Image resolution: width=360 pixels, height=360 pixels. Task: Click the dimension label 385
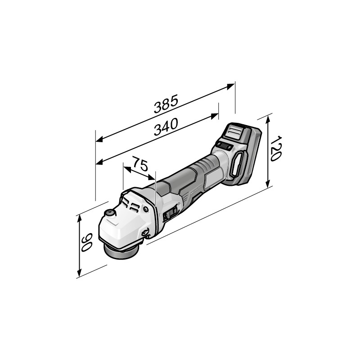[x=166, y=104]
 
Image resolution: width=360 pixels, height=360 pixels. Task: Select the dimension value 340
[x=166, y=127]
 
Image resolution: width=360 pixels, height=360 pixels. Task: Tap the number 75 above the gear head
[x=140, y=164]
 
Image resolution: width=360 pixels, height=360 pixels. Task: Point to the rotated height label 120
[x=276, y=148]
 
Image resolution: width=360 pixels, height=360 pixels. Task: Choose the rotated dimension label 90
[x=87, y=243]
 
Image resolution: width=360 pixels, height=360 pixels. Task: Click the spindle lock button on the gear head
[x=110, y=213]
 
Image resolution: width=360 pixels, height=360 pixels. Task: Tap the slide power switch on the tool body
[x=170, y=213]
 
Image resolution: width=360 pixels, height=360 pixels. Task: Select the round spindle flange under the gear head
[x=121, y=252]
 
